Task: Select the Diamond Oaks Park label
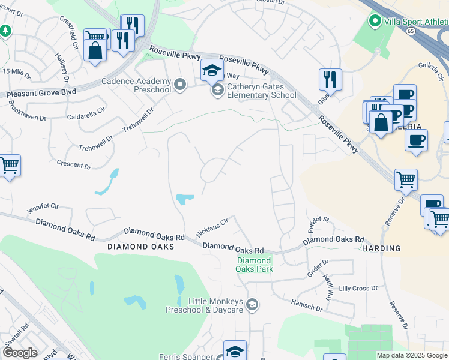[255, 265]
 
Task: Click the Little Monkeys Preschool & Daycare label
[205, 305]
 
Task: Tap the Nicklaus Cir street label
[212, 227]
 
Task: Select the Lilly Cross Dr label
[358, 289]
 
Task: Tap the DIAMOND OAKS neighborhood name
[140, 247]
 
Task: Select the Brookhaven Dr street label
[27, 110]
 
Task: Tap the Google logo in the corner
[20, 353]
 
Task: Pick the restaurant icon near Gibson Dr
[330, 79]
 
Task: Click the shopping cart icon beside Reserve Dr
[406, 179]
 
